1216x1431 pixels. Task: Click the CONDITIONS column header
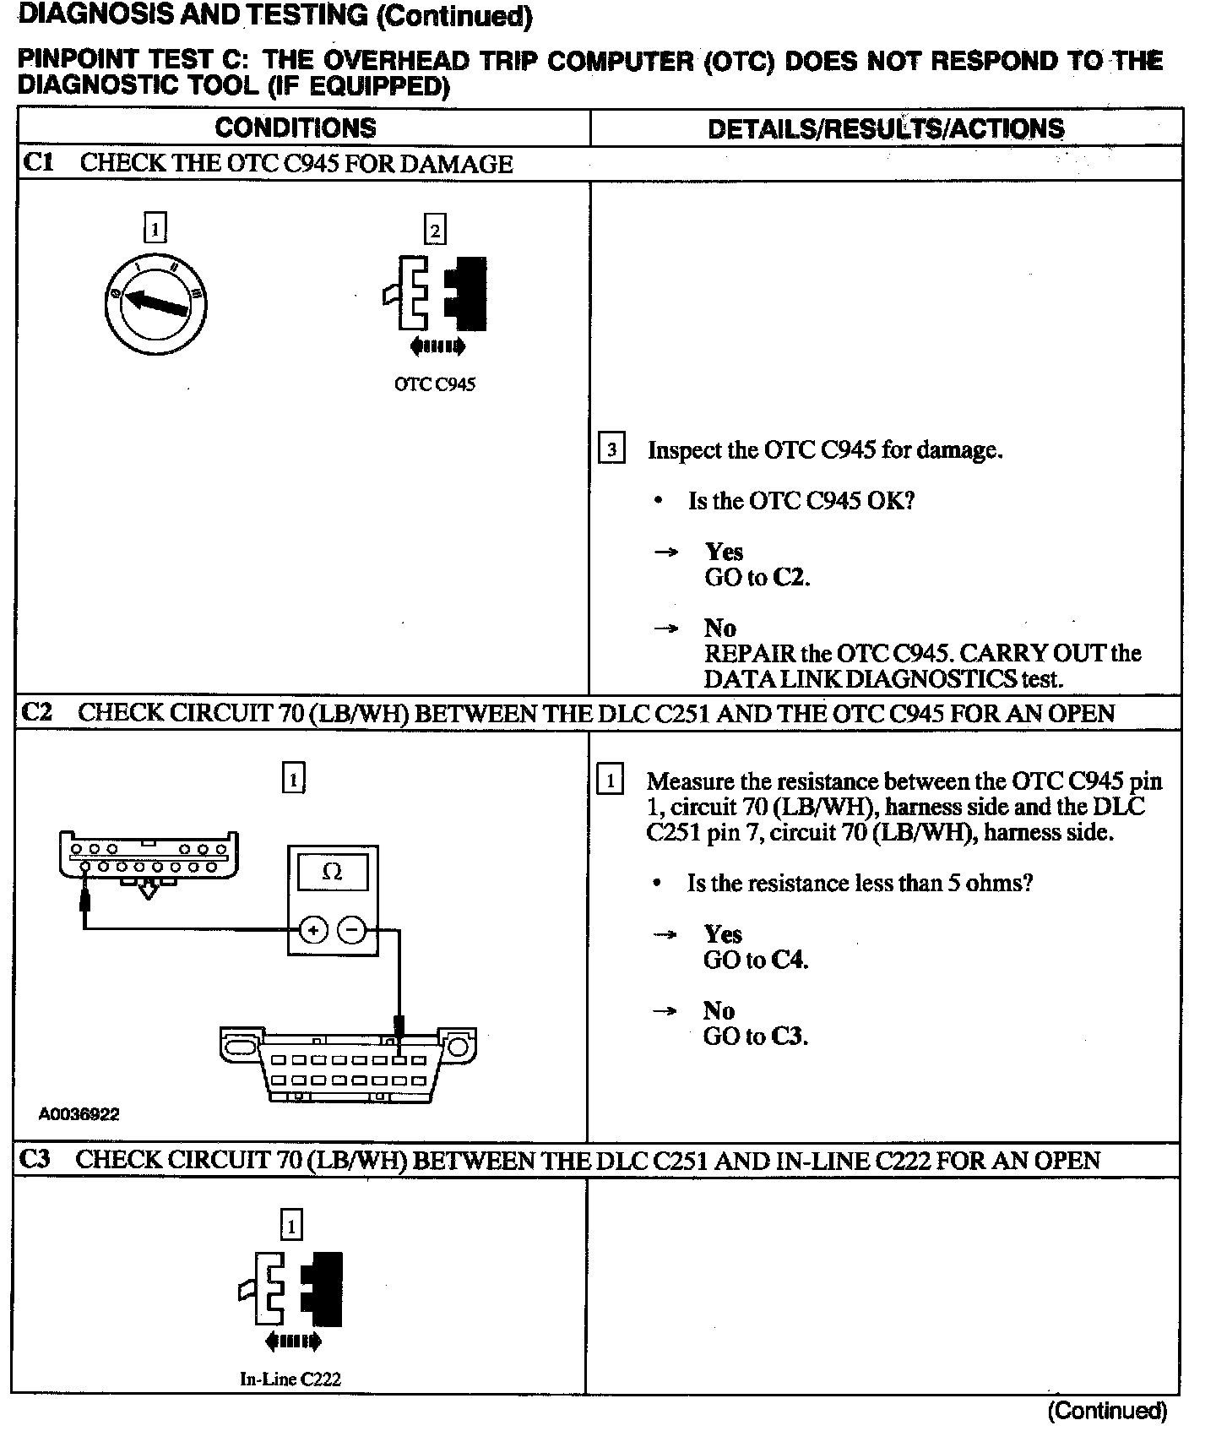click(296, 128)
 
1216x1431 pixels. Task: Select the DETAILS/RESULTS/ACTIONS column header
click(886, 129)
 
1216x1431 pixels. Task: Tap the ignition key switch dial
click(155, 303)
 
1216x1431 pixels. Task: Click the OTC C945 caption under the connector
click(435, 384)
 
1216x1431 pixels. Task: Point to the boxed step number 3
click(611, 449)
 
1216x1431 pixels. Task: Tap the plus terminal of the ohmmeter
click(313, 931)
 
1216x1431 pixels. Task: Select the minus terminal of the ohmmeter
click(352, 931)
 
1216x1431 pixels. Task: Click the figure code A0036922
click(79, 1114)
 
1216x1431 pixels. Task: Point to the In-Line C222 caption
click(290, 1379)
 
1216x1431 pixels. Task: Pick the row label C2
click(37, 712)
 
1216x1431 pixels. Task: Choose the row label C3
click(35, 1159)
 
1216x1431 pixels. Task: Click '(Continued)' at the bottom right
click(1107, 1411)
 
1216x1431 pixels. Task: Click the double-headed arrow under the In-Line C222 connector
click(292, 1341)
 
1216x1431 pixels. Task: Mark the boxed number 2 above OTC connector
click(434, 230)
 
